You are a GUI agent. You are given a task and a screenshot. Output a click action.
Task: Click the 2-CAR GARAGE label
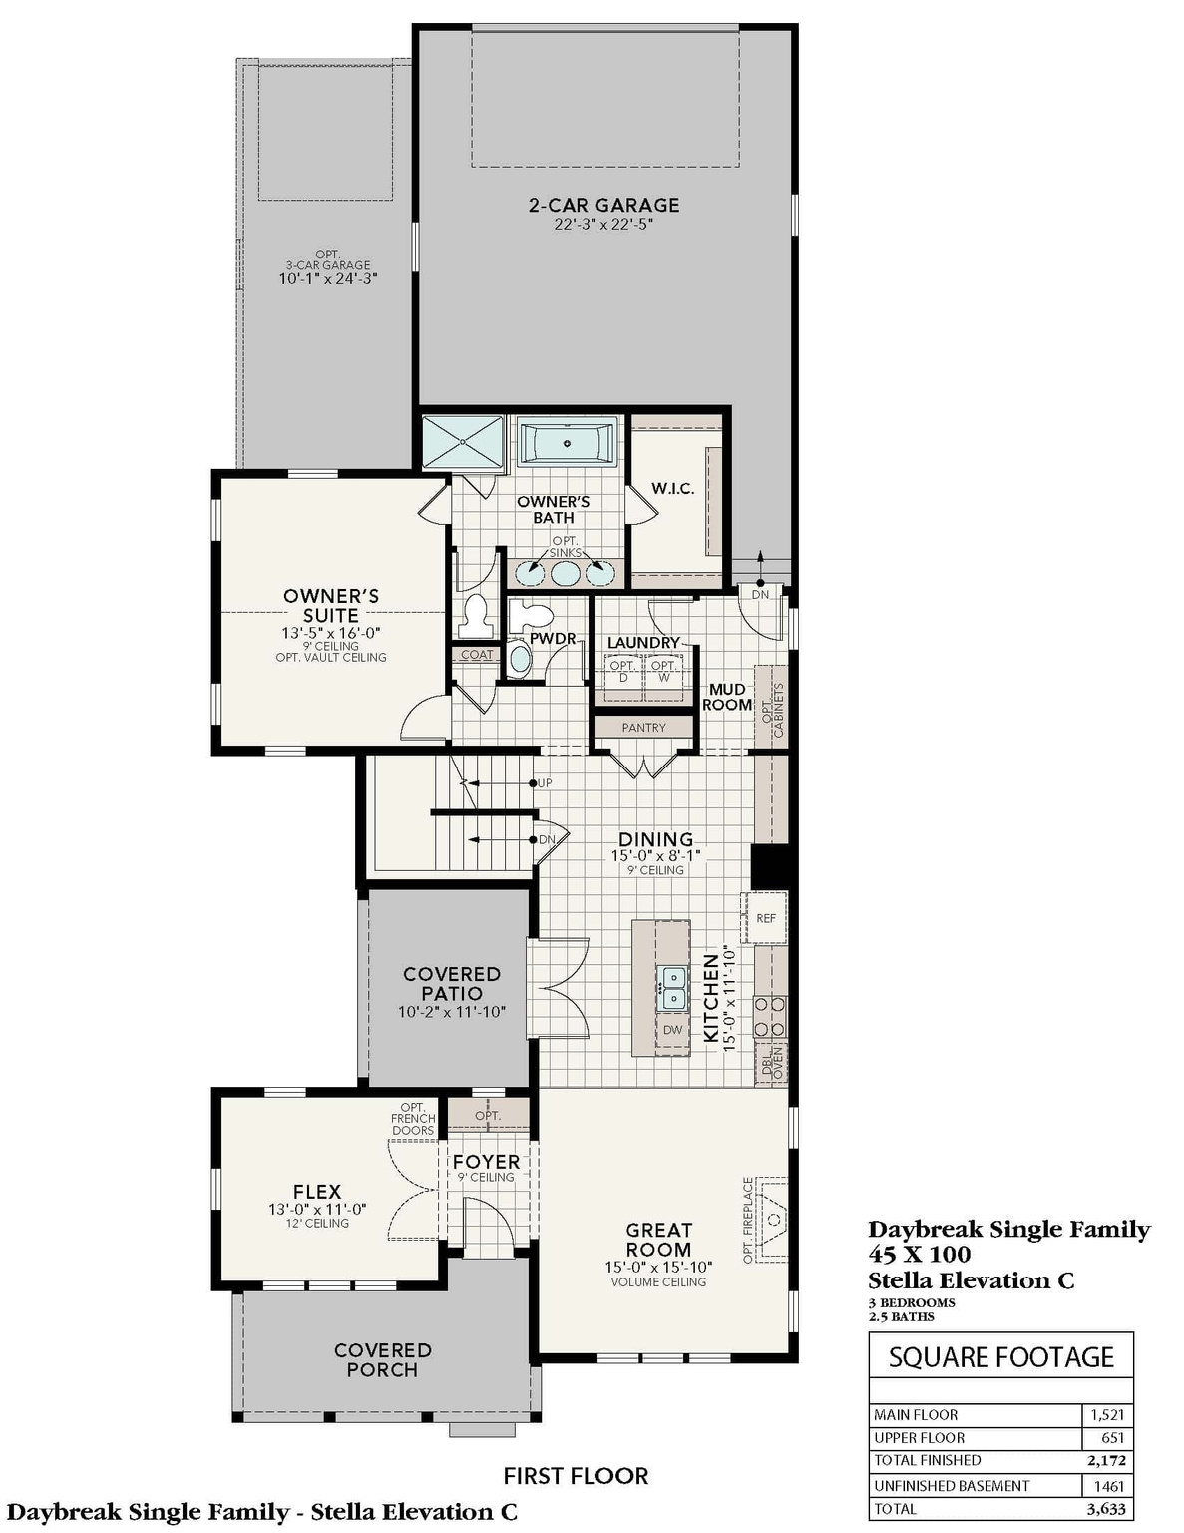(603, 205)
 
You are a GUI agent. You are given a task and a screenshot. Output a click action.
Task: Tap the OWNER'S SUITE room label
(331, 606)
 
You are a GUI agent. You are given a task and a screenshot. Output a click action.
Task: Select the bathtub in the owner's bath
(567, 442)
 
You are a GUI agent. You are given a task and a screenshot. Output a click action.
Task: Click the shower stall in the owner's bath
(463, 442)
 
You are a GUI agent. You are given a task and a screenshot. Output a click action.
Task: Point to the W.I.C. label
(673, 488)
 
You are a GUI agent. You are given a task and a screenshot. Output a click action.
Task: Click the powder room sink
(520, 659)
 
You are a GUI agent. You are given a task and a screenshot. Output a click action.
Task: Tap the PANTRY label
(643, 728)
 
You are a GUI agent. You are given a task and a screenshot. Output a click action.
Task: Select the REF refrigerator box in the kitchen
(765, 918)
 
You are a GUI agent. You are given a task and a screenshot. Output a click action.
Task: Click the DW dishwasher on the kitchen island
(673, 1030)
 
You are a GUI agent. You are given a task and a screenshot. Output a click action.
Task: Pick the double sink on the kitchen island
(673, 987)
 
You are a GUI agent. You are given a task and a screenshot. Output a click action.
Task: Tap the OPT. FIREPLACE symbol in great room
(772, 1220)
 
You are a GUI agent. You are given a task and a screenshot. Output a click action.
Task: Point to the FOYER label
(486, 1162)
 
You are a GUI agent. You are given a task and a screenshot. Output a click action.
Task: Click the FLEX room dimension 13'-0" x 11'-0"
(317, 1209)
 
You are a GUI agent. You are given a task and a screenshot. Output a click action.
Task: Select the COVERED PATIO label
(451, 984)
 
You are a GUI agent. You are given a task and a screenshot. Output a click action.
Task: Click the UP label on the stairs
(545, 783)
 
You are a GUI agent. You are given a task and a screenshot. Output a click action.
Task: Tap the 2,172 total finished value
(1107, 1460)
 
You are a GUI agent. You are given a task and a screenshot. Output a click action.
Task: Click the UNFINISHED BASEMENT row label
(952, 1485)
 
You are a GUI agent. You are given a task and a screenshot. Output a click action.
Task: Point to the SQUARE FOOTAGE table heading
(1000, 1357)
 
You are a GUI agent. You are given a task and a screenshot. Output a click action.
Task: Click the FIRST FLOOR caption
(576, 1475)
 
